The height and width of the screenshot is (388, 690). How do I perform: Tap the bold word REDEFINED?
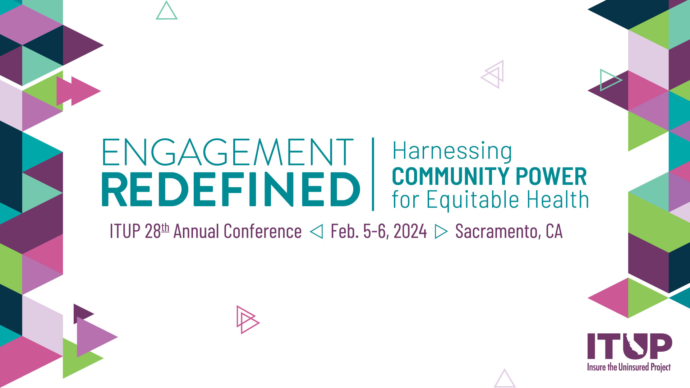click(x=231, y=189)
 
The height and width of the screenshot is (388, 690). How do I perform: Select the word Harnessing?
click(x=452, y=151)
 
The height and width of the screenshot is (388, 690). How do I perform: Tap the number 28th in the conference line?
click(x=157, y=231)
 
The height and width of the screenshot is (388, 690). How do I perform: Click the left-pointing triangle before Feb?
click(x=316, y=231)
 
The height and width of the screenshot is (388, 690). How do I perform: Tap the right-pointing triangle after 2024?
click(x=441, y=231)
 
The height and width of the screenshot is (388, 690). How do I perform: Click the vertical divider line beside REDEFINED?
click(x=373, y=174)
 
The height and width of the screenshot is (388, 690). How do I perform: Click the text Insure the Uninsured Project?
click(x=629, y=367)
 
